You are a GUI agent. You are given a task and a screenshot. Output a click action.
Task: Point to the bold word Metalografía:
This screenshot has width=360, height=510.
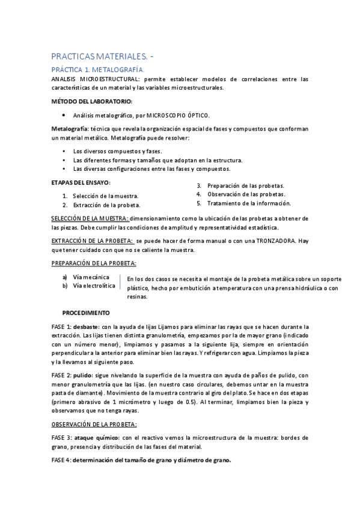coord(70,129)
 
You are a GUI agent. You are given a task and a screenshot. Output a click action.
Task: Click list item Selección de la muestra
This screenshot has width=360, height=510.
coord(106,196)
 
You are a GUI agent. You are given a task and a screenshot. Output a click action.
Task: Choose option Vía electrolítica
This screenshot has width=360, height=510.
coord(94,286)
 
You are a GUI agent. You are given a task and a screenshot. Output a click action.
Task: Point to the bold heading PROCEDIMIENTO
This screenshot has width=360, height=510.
coord(86,313)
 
